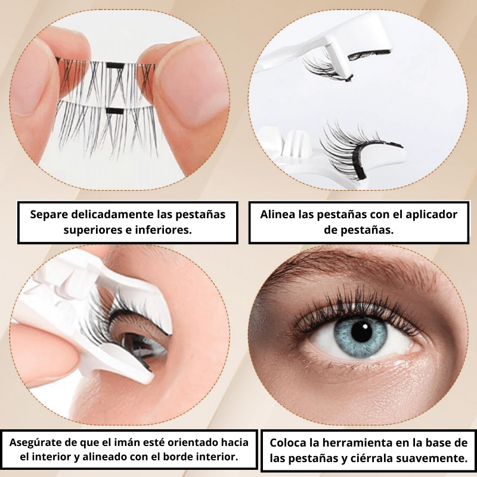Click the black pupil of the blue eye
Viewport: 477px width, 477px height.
(x=362, y=332)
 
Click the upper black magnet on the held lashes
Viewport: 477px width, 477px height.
(x=115, y=65)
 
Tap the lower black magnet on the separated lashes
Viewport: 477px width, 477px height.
(x=115, y=111)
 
